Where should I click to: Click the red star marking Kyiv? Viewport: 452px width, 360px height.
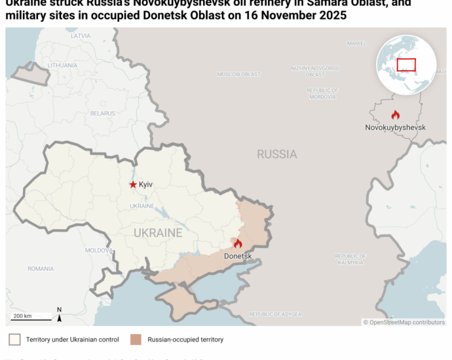click(133, 185)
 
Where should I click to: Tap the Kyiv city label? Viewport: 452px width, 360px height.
click(145, 185)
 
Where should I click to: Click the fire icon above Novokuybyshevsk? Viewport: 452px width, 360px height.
click(395, 115)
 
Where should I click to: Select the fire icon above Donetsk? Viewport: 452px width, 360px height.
click(238, 243)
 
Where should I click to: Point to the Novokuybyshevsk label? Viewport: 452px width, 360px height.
click(395, 127)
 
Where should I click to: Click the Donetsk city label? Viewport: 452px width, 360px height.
click(238, 255)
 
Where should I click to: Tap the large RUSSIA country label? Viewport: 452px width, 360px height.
click(276, 154)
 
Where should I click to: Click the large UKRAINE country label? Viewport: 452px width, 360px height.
click(158, 233)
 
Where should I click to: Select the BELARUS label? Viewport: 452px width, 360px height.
click(103, 113)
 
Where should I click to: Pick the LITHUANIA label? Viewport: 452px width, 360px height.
click(62, 65)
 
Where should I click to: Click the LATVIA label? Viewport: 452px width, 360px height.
click(81, 36)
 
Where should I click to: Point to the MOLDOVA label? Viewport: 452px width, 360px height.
click(99, 251)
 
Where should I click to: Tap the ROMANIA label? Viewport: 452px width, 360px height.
click(41, 268)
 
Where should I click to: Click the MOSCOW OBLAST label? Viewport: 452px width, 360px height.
click(239, 74)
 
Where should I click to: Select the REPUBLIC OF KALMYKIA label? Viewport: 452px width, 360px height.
click(350, 259)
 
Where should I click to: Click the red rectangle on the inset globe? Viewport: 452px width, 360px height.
click(406, 65)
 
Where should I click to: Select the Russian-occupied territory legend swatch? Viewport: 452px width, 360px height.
click(136, 340)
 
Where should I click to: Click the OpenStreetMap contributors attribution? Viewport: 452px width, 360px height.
click(404, 322)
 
